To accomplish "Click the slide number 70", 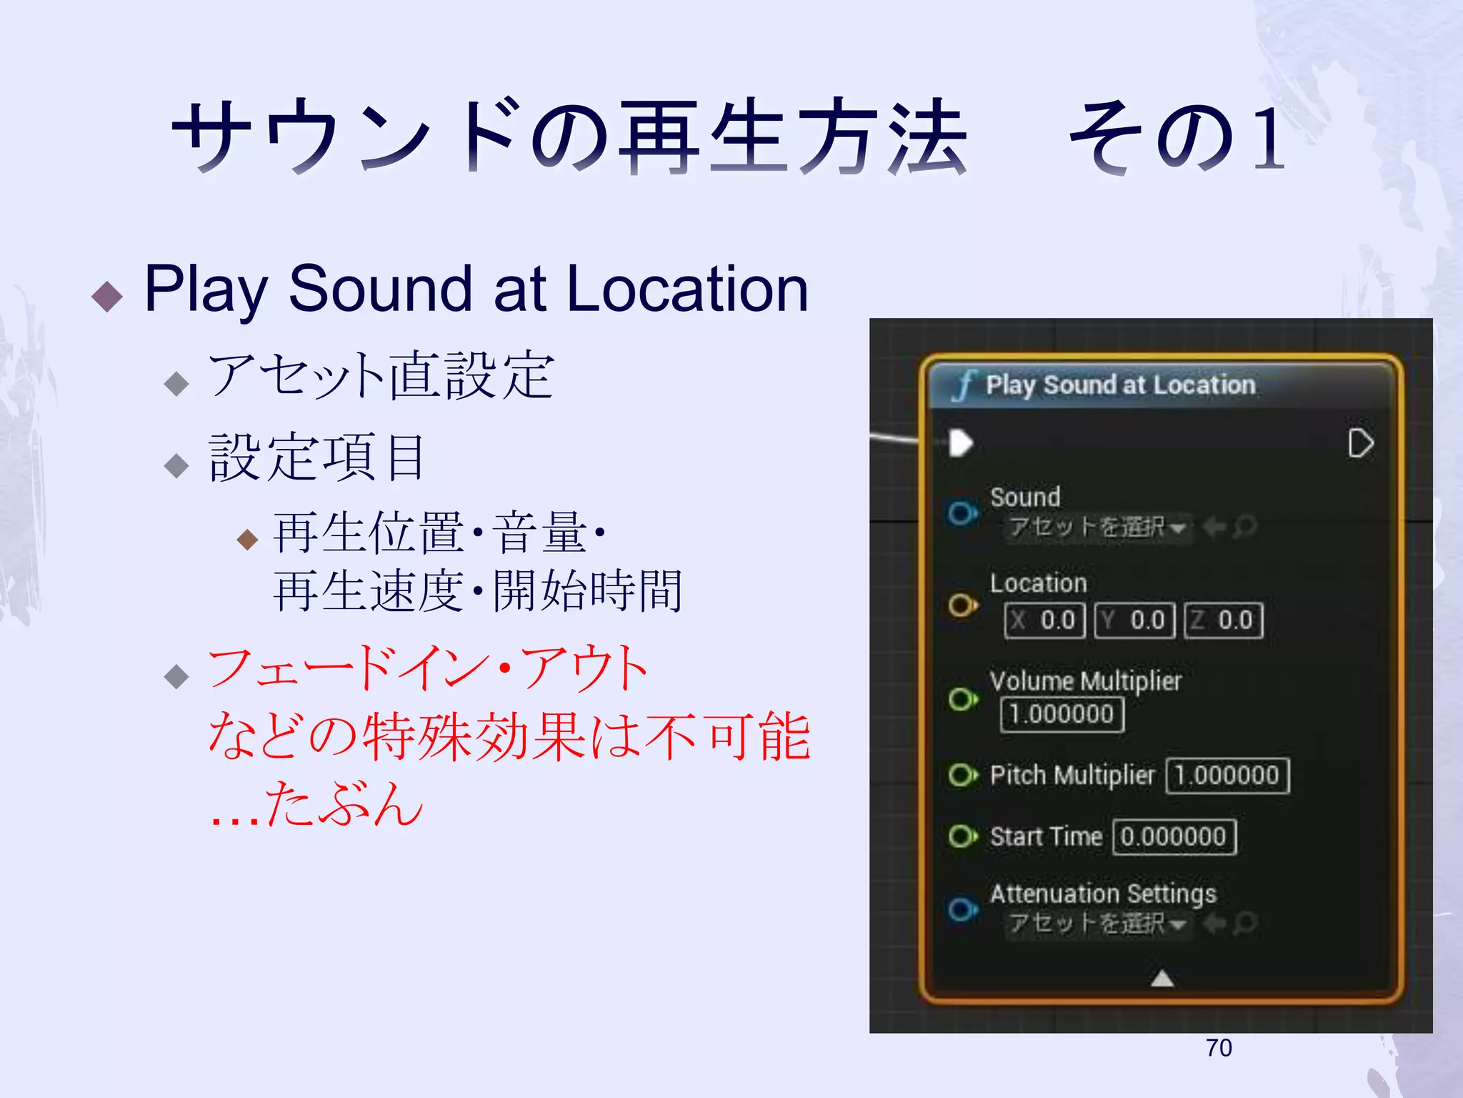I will [1219, 1048].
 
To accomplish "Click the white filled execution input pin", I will [961, 442].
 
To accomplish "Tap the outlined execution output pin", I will [1360, 443].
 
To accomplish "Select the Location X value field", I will [1045, 620].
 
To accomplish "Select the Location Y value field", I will [1135, 620].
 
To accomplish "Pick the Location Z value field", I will [1224, 620].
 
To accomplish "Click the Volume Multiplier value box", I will [1062, 714].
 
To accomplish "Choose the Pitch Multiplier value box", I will [1227, 776].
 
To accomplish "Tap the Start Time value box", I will [1174, 837].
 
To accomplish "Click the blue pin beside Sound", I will [962, 513].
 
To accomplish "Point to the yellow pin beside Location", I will [962, 605].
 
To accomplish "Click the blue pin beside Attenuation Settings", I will [962, 909].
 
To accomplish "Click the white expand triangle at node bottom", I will [1162, 978].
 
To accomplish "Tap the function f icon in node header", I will [964, 386].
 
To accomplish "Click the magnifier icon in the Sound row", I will [1245, 528].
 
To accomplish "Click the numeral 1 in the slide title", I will [1268, 137].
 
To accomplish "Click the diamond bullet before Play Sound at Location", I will [108, 296].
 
